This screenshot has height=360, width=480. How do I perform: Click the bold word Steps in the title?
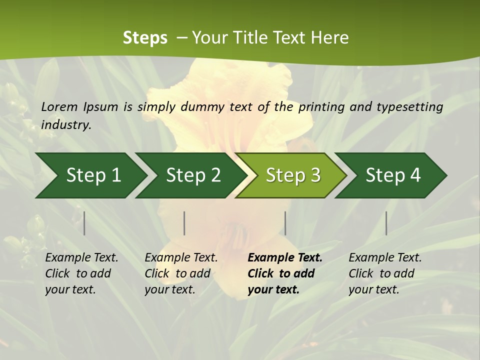pyautogui.click(x=145, y=38)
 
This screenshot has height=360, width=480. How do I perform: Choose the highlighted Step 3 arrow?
pyautogui.click(x=293, y=175)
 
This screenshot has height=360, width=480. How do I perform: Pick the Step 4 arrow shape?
pyautogui.click(x=393, y=175)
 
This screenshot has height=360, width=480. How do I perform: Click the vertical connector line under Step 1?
pyautogui.click(x=84, y=223)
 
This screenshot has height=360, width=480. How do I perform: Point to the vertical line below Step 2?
pyautogui.click(x=184, y=223)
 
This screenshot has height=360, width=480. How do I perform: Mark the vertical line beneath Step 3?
pyautogui.click(x=285, y=223)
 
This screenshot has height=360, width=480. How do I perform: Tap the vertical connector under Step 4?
pyautogui.click(x=386, y=223)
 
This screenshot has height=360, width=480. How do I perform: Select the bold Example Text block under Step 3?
pyautogui.click(x=285, y=273)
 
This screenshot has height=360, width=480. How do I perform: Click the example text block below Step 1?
pyautogui.click(x=81, y=273)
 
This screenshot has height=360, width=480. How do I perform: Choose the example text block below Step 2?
pyautogui.click(x=181, y=273)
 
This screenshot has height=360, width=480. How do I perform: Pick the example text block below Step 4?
pyautogui.click(x=385, y=273)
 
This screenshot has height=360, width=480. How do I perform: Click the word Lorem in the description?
pyautogui.click(x=59, y=106)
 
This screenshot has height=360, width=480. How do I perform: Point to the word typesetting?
pyautogui.click(x=411, y=107)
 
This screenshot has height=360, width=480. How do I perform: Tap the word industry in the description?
pyautogui.click(x=66, y=125)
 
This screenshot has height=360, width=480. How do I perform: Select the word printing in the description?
pyautogui.click(x=321, y=107)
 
